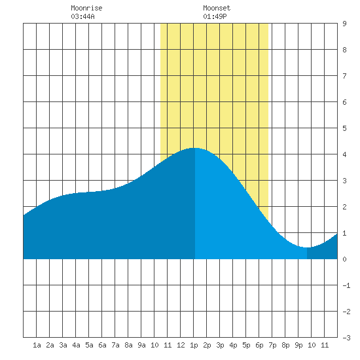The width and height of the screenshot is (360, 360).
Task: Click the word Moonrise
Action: click(86, 8)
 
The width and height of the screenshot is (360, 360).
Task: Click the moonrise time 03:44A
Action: click(82, 16)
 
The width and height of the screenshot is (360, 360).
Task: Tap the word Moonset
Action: click(217, 8)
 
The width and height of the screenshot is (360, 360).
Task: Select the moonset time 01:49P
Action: click(215, 16)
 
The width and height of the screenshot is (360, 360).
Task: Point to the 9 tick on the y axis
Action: click(344, 24)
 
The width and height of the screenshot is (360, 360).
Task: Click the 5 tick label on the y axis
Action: click(344, 128)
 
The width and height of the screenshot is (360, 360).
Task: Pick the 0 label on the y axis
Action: click(344, 259)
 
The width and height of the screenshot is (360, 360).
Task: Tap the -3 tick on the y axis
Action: click(347, 338)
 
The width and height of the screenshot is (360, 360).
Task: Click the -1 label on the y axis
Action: click(347, 285)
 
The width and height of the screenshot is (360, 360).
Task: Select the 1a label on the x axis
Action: click(37, 345)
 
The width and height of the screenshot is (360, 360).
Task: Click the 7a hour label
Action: click(115, 345)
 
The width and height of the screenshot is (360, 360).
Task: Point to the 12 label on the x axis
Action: click(181, 345)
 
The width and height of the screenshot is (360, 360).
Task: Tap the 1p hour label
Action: click(194, 346)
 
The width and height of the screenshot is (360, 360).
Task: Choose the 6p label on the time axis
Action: click(259, 346)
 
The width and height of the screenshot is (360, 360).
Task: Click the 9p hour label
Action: click(298, 346)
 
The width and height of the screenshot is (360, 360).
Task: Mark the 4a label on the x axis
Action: click(76, 345)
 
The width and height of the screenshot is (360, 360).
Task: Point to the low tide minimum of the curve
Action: click(307, 247)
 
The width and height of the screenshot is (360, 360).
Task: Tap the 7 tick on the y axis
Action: click(344, 76)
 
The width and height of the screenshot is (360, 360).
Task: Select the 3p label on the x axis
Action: click(220, 346)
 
